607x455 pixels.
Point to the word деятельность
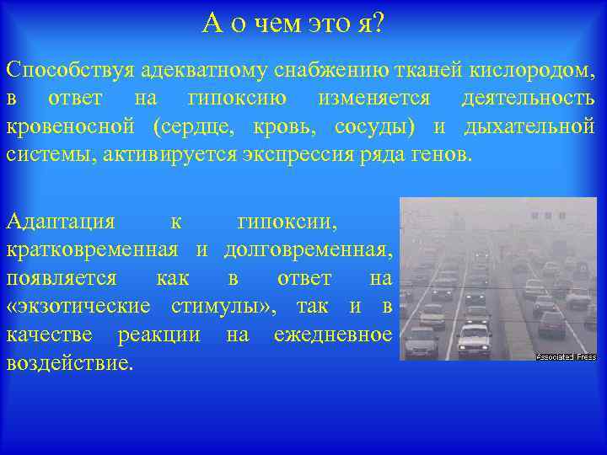coord(528,98)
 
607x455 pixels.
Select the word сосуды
coord(373,127)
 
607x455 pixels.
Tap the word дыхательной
coord(526,127)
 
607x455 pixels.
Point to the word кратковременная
coord(92,250)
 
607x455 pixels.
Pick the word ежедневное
coord(333,335)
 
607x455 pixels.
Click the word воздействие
coord(69,363)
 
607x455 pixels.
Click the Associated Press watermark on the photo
coord(566,356)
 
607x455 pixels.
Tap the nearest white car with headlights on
coord(474,340)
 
